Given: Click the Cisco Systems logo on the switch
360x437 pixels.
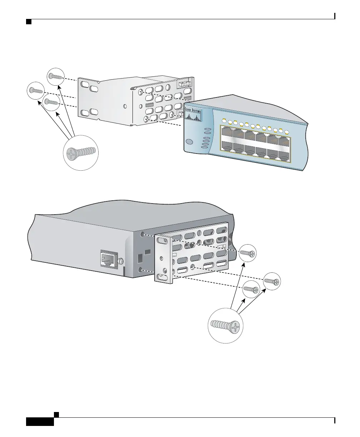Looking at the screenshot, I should point(193,116).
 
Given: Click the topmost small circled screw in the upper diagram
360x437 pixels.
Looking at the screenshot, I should point(56,76).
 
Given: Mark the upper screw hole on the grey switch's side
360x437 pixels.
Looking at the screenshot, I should point(143,234).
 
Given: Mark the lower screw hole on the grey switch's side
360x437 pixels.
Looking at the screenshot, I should point(142,270).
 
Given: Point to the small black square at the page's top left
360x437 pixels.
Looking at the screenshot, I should point(29,22).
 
